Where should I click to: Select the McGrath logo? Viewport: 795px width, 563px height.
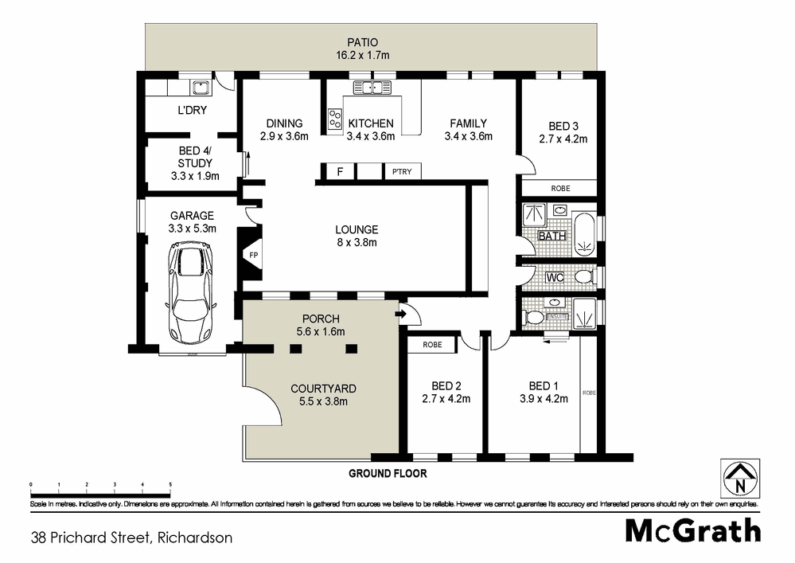pos(692,530)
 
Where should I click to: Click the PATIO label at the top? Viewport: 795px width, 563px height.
pos(361,42)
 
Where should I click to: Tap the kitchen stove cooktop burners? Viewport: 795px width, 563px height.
pos(334,119)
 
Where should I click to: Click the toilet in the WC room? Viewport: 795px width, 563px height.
pos(584,277)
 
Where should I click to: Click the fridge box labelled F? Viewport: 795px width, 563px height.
pos(340,171)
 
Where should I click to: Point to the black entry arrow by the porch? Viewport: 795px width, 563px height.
pos(400,315)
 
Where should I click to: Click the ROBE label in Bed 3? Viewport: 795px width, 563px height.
pos(560,189)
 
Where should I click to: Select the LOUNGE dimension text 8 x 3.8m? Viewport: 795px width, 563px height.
pos(356,243)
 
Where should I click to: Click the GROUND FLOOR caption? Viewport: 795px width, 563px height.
pos(388,473)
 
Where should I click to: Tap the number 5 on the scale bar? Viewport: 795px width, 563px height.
pos(170,483)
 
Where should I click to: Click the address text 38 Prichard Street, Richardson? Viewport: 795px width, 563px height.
pos(132,538)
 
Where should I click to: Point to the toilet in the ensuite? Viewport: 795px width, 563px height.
pos(536,317)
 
